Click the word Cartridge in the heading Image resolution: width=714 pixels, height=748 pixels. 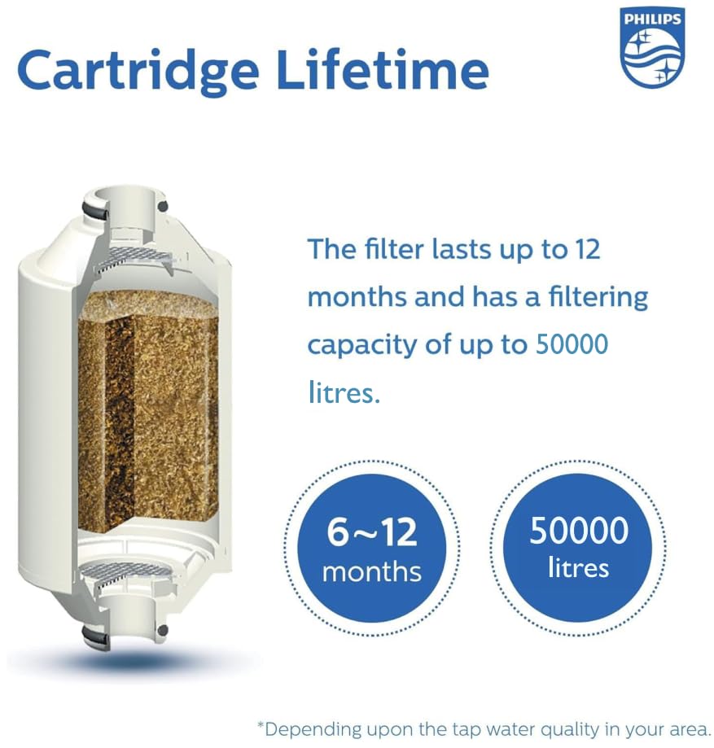[138, 72]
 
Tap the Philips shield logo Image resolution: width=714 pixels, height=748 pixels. [652, 47]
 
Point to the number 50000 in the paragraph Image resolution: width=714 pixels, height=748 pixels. [572, 344]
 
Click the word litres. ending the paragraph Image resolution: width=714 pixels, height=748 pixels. [344, 393]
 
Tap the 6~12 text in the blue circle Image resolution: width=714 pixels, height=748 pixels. [372, 532]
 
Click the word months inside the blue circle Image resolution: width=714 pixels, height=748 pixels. [372, 572]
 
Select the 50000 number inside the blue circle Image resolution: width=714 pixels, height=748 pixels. [579, 531]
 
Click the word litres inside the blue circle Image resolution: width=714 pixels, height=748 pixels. [579, 568]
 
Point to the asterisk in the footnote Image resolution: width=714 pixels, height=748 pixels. [261, 724]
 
